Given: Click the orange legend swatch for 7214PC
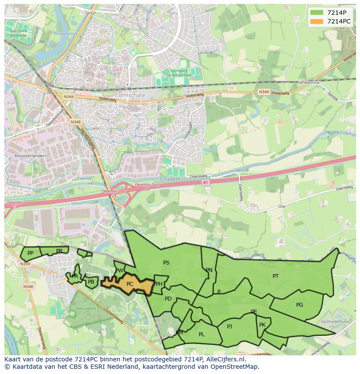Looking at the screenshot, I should click(x=317, y=21).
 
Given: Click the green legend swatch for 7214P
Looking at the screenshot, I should click(x=317, y=13).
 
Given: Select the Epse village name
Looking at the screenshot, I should click(x=58, y=276).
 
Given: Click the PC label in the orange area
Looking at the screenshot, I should click(x=130, y=284).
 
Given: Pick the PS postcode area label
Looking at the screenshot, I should click(x=166, y=262).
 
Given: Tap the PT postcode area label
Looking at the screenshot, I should click(x=276, y=276).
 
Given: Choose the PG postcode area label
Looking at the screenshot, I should click(x=300, y=304).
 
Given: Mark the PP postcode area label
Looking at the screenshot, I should click(x=30, y=253).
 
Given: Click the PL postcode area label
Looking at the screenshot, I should click(x=201, y=334).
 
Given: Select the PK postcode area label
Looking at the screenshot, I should click(x=262, y=324).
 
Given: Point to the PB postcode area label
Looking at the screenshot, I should click(x=91, y=282).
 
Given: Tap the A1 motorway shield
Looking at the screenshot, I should click(x=206, y=182).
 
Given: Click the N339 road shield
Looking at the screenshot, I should click(x=25, y=264).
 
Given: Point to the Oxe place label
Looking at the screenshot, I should click(x=282, y=206).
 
